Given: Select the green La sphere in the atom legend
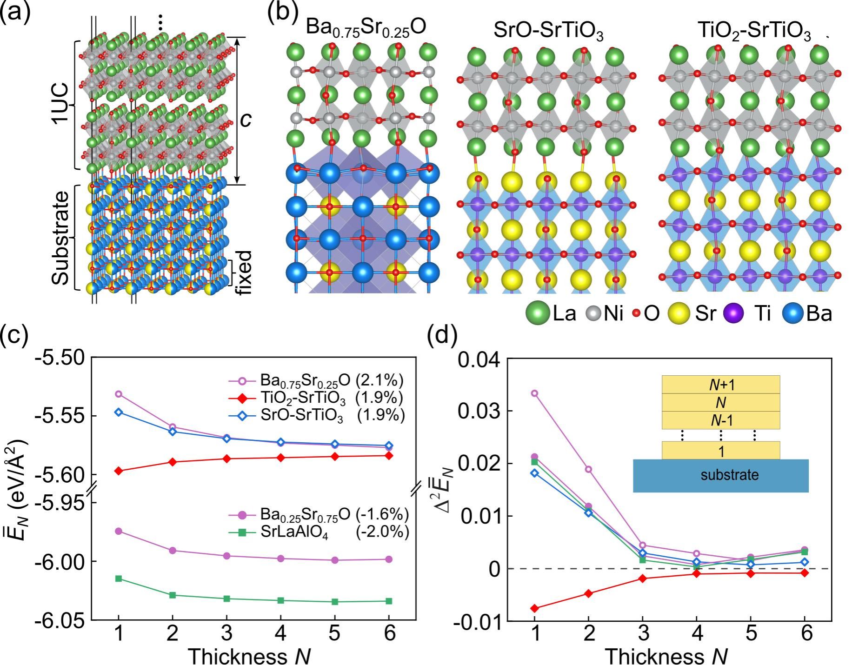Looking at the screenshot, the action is coord(538,313).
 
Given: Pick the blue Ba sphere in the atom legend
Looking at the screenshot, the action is coord(793,313).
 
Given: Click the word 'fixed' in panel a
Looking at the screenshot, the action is coord(243,273).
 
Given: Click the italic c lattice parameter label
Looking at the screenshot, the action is coord(245,120).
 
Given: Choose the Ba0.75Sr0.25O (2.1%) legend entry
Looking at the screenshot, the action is coord(316,381).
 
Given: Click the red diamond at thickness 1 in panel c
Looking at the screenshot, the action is coord(119,471).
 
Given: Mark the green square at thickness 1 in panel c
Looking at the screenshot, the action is coord(119,579).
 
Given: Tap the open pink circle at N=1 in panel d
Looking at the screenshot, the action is coord(534,393).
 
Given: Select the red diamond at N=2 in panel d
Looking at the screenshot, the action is coord(588,593).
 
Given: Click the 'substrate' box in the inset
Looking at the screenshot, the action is coord(721,475).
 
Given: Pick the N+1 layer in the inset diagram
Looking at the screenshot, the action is coord(721,385).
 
